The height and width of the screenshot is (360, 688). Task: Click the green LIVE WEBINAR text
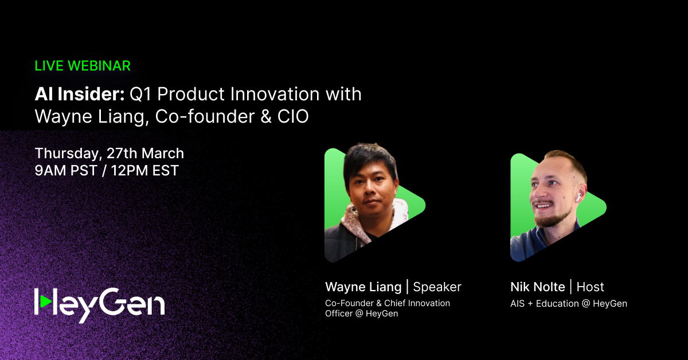tap(83, 66)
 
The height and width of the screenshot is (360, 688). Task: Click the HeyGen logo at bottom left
tap(99, 302)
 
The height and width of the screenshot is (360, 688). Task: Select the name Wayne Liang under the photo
tap(363, 287)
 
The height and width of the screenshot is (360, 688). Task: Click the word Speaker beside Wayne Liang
tap(437, 287)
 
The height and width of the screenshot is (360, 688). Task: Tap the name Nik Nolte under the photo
tap(537, 287)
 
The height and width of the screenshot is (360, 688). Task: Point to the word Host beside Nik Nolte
tap(590, 287)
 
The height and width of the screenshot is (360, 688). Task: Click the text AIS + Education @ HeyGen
tap(568, 304)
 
